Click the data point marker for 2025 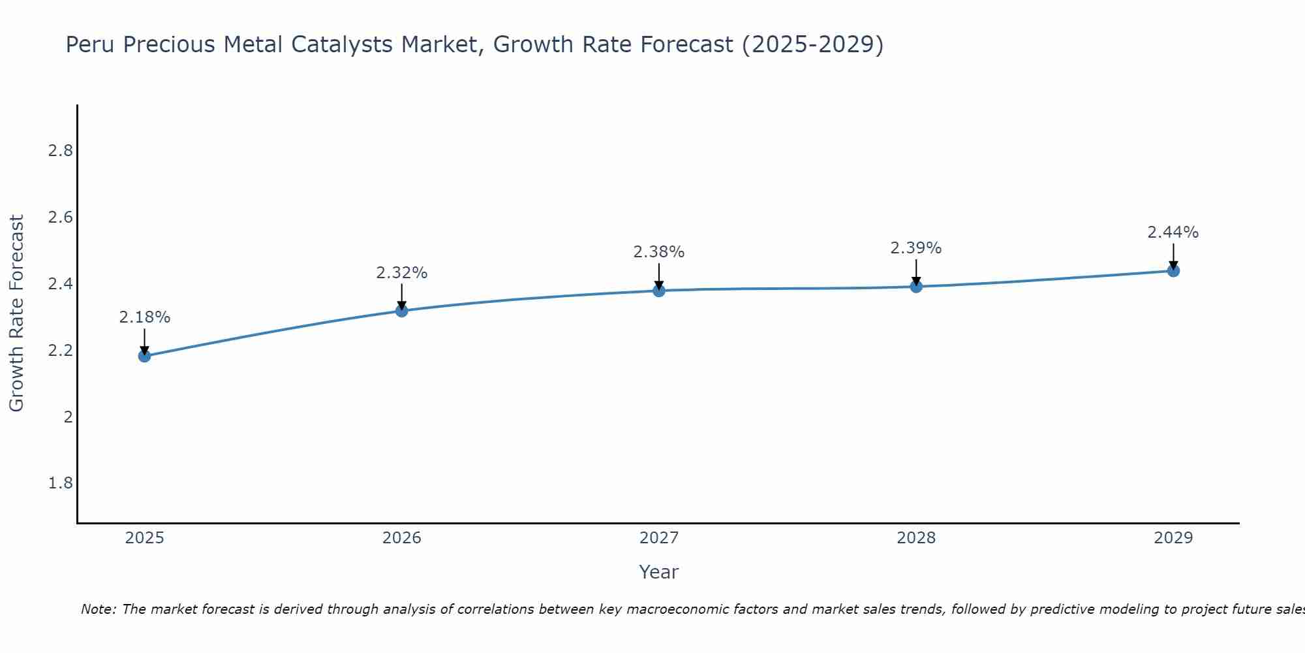[x=144, y=356]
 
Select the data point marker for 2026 [x=401, y=311]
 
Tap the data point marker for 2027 [x=658, y=291]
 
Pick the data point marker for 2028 [x=915, y=287]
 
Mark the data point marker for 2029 [x=1173, y=270]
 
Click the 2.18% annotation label [x=144, y=317]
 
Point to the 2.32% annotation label [x=401, y=273]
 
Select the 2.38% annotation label [x=658, y=252]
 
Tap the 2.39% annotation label [x=915, y=248]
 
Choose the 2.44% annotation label [x=1173, y=232]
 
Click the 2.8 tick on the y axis [x=60, y=151]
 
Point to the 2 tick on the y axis [x=68, y=417]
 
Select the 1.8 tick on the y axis [x=60, y=483]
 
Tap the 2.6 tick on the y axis [x=60, y=217]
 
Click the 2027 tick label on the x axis [x=658, y=538]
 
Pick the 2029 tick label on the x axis [x=1173, y=538]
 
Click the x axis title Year [x=658, y=572]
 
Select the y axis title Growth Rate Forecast [x=16, y=313]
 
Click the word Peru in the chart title [x=90, y=44]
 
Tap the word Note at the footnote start [x=98, y=609]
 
